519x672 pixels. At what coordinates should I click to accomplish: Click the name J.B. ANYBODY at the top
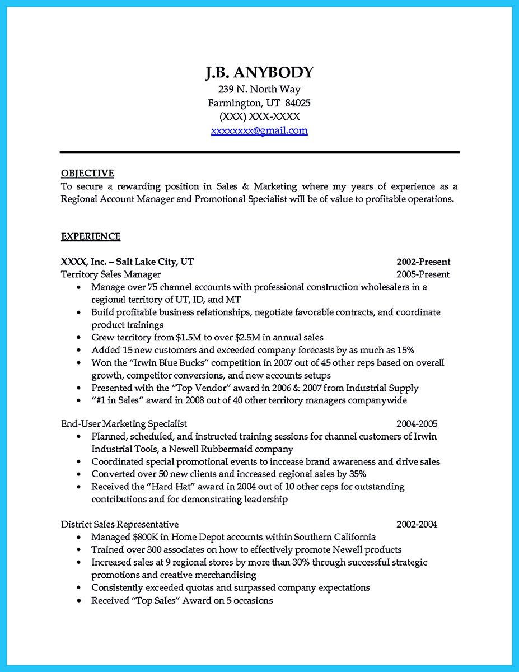point(259,72)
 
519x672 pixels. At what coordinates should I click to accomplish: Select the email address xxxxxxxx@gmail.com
point(259,130)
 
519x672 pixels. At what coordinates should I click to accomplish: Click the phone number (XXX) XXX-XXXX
point(259,116)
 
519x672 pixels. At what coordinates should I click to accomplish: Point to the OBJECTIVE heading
point(87,173)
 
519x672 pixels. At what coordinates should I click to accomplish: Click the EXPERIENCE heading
point(90,236)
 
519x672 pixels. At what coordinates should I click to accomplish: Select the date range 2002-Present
point(423,262)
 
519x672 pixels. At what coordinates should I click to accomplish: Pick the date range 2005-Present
point(423,274)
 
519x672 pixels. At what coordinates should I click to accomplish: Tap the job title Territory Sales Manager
point(110,274)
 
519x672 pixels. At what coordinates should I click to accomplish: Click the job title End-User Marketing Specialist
point(124,423)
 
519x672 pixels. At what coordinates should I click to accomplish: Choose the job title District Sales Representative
point(120,524)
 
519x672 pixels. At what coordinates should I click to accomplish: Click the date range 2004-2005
point(417,423)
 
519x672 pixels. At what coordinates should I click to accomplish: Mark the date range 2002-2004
point(417,524)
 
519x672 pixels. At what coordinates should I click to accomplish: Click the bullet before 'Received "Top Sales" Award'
point(79,600)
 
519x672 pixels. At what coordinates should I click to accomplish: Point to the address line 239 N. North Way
point(259,89)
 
